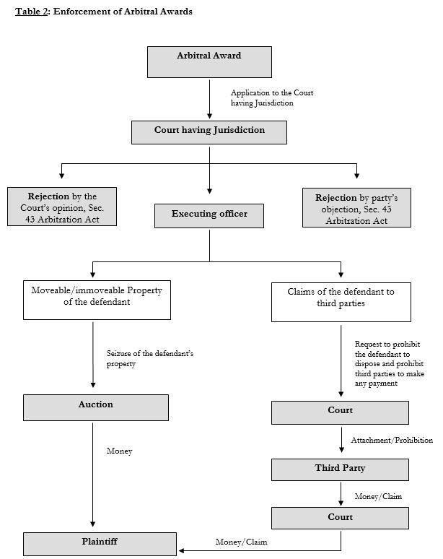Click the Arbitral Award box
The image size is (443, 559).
[x=209, y=62]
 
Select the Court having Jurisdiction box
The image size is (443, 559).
[x=209, y=132]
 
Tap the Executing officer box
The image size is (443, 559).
[x=209, y=216]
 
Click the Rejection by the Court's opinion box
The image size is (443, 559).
[x=62, y=207]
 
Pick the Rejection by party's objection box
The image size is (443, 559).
[x=356, y=207]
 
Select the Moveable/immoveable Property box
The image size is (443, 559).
[x=97, y=300]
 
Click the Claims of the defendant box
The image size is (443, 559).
[x=341, y=303]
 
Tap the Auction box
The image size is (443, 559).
[x=96, y=407]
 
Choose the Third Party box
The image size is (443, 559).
[x=340, y=470]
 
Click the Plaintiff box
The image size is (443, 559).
[x=100, y=544]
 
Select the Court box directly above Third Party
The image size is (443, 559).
[x=340, y=412]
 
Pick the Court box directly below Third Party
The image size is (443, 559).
[x=340, y=518]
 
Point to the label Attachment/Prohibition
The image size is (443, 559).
[x=392, y=441]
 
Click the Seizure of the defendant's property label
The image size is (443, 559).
[x=150, y=359]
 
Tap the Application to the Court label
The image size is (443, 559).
[x=272, y=97]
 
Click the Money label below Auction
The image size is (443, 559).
[x=119, y=451]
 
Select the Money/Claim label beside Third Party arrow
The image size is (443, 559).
[x=378, y=496]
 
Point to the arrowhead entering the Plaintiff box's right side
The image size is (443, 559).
[x=181, y=550]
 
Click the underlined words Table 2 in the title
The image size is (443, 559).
[x=31, y=12]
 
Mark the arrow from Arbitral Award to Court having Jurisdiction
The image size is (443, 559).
[x=209, y=99]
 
